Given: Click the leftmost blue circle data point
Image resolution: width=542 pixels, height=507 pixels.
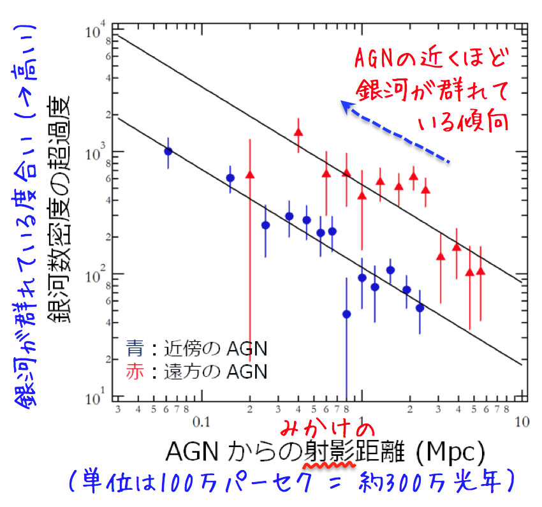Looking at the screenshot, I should click(168, 151).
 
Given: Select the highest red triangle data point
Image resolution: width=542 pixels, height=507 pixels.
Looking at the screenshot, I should click(298, 131).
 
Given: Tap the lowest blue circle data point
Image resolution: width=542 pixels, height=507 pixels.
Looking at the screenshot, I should click(346, 314).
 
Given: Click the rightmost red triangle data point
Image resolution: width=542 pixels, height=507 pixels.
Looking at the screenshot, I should click(481, 271).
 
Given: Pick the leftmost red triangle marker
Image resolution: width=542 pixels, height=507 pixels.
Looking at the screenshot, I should click(250, 174).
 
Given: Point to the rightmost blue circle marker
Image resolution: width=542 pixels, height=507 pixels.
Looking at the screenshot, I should click(420, 307).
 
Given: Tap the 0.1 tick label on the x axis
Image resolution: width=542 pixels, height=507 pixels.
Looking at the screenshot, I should click(201, 420).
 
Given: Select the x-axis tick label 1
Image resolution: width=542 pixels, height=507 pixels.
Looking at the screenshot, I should click(362, 420).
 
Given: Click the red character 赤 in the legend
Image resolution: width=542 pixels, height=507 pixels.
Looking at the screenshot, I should click(135, 371).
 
